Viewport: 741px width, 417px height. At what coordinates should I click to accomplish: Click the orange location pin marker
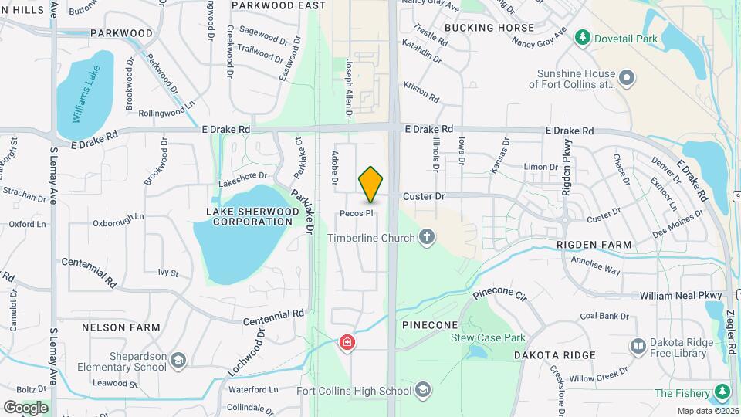tap(370, 184)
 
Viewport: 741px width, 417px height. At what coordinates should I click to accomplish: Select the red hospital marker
tap(347, 342)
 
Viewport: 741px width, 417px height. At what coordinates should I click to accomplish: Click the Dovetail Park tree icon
tap(583, 37)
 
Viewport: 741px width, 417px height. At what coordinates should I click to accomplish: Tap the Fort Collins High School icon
tap(422, 391)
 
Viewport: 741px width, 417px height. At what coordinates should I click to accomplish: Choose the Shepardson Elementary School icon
tap(178, 361)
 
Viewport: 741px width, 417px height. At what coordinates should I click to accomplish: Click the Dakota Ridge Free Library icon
tap(638, 347)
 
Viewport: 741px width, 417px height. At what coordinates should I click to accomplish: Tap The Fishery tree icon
tap(722, 393)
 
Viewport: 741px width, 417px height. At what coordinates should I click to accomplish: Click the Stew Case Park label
tap(488, 337)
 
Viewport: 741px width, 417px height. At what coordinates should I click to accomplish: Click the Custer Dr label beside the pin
tap(424, 197)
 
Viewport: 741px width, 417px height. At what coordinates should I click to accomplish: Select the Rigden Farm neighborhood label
tap(594, 245)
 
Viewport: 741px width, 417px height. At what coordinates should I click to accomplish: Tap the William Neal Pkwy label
tap(681, 296)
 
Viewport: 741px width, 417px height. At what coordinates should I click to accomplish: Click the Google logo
tap(25, 407)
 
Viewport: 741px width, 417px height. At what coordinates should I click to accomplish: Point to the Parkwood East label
tap(278, 5)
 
